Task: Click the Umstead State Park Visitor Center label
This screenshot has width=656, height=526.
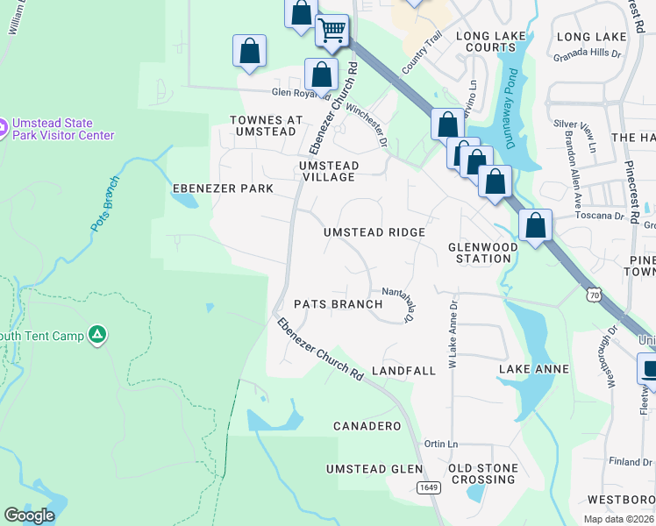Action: [62, 129]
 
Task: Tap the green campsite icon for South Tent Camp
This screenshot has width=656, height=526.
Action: [97, 334]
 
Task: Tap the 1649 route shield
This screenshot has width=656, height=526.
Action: [427, 488]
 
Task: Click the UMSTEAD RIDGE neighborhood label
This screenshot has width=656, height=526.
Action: [374, 232]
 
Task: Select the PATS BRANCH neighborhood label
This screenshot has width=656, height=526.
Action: [338, 304]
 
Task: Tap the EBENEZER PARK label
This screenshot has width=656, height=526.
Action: [223, 188]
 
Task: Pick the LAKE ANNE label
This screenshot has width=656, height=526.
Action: [534, 370]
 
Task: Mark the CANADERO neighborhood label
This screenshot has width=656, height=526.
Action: [367, 426]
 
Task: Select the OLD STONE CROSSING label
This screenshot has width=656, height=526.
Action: [483, 473]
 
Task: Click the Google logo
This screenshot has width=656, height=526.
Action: [29, 515]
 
